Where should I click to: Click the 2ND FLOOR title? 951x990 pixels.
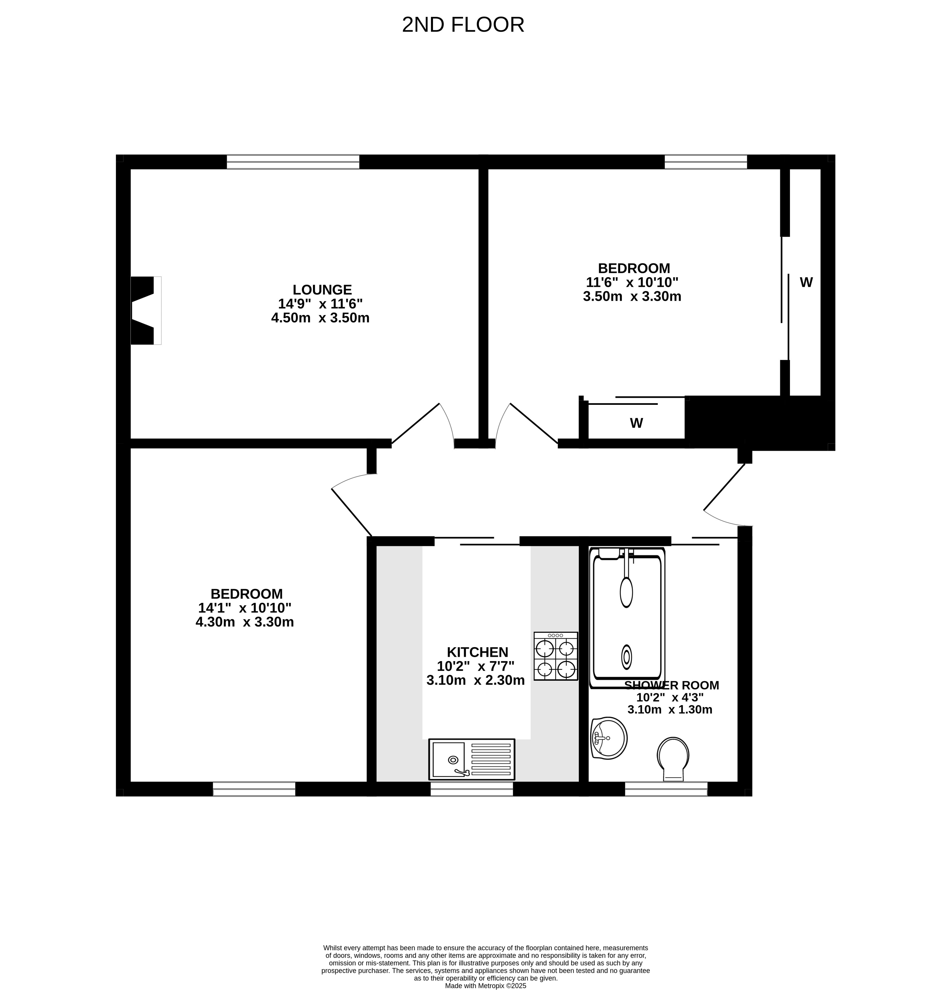pyautogui.click(x=463, y=25)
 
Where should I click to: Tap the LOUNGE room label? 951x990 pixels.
pyautogui.click(x=322, y=289)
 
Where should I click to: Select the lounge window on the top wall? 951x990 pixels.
pyautogui.click(x=293, y=162)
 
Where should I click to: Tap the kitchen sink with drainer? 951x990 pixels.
pyautogui.click(x=471, y=759)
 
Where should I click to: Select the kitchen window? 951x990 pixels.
pyautogui.click(x=471, y=789)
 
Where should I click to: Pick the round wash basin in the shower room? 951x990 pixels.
pyautogui.click(x=609, y=738)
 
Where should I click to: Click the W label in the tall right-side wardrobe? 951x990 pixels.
pyautogui.click(x=806, y=282)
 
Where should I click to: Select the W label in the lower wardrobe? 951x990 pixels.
pyautogui.click(x=636, y=423)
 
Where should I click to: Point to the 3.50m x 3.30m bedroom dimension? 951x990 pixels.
pyautogui.click(x=632, y=296)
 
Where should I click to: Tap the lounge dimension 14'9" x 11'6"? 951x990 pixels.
pyautogui.click(x=321, y=304)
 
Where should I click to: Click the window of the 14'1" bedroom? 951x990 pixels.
pyautogui.click(x=254, y=789)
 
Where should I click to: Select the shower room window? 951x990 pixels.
pyautogui.click(x=666, y=789)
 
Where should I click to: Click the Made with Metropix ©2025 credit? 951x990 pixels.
pyautogui.click(x=485, y=985)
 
